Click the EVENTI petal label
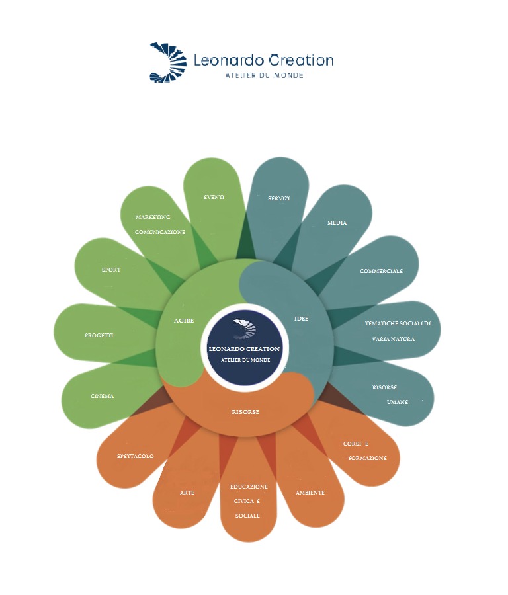coord(214,197)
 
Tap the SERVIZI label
coord(278,198)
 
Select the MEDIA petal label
coord(337,223)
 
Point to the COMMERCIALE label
coord(381,271)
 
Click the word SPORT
coord(111,270)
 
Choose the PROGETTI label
coord(99,335)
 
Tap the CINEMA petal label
coord(103,396)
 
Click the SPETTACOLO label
coord(135,456)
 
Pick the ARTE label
coord(187,493)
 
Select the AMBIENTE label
coord(310,493)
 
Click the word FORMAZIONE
coord(367,458)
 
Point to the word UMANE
coord(398,402)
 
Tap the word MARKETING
coord(153,217)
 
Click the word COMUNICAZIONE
coord(160,233)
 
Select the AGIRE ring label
coord(184,321)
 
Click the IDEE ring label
coord(301,319)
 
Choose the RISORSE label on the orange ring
coord(245,412)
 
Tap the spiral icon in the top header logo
coord(165,62)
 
